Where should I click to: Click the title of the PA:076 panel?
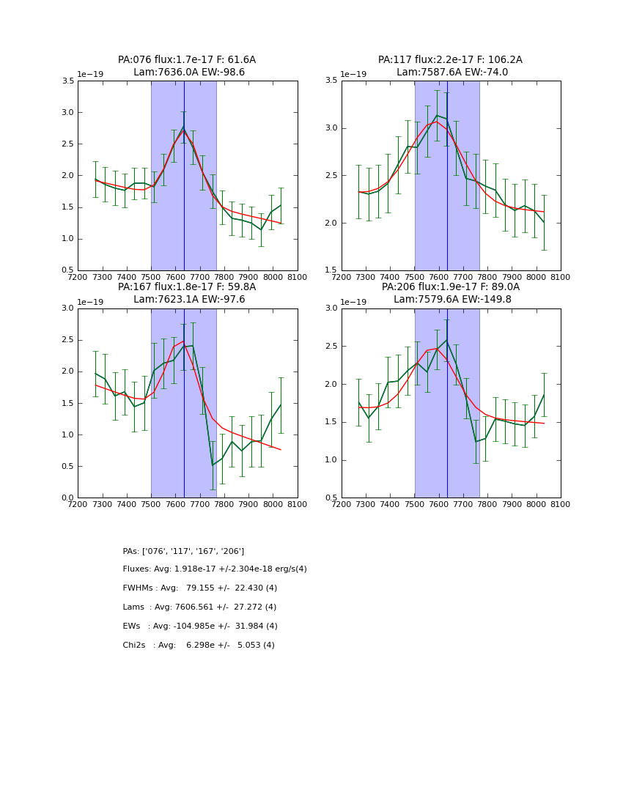tap(187, 66)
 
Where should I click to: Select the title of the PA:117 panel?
tap(451, 66)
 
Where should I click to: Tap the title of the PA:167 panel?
tap(187, 293)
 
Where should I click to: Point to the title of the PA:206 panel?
tap(451, 293)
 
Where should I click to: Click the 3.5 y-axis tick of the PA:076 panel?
tap(67, 81)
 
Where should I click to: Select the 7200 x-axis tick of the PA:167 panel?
tap(78, 504)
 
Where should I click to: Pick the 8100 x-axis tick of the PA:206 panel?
tap(561, 504)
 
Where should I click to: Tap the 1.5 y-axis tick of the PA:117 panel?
tap(331, 270)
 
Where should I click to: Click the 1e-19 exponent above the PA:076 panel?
tap(91, 74)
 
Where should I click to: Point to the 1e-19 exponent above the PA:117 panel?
tap(355, 74)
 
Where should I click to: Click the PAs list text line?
tap(183, 551)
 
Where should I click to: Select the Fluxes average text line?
tap(215, 569)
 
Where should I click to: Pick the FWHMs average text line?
tap(200, 588)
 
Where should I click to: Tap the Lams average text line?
tap(199, 607)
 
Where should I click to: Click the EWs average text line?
tap(200, 626)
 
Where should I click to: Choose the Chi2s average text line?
tap(199, 646)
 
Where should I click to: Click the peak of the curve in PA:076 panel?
tap(184, 127)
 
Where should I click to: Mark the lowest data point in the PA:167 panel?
tap(213, 465)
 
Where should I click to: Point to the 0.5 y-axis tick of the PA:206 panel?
tap(331, 498)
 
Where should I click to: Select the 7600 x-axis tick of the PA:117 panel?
tap(439, 277)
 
